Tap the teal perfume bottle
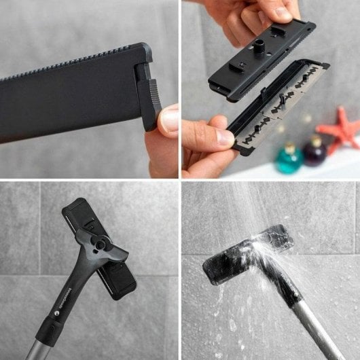(x=290, y=160)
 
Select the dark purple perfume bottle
(x=314, y=152)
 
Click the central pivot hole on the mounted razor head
(x=100, y=244)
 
